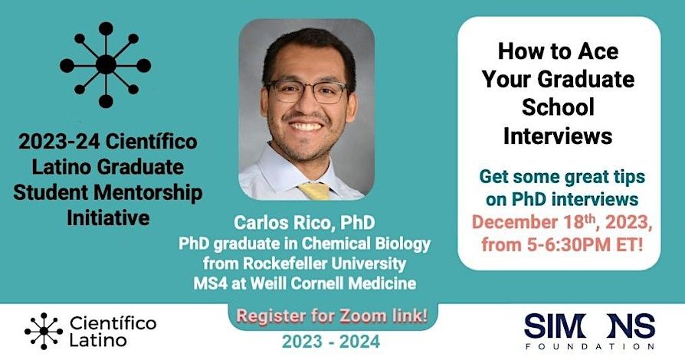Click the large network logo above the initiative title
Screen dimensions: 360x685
click(106, 64)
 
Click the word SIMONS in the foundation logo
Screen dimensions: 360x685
click(589, 326)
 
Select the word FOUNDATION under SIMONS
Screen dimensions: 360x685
click(590, 345)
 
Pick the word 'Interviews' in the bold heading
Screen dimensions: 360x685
click(557, 136)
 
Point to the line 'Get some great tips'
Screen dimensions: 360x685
click(562, 178)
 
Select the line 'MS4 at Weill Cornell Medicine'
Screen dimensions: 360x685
click(305, 283)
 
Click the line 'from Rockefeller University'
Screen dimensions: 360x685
click(305, 264)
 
